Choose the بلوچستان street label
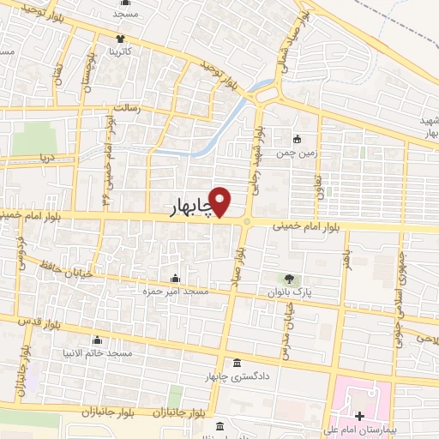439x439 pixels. point(87,73)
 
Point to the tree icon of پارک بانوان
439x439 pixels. point(289,279)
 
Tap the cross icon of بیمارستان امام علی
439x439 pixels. point(358,416)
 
